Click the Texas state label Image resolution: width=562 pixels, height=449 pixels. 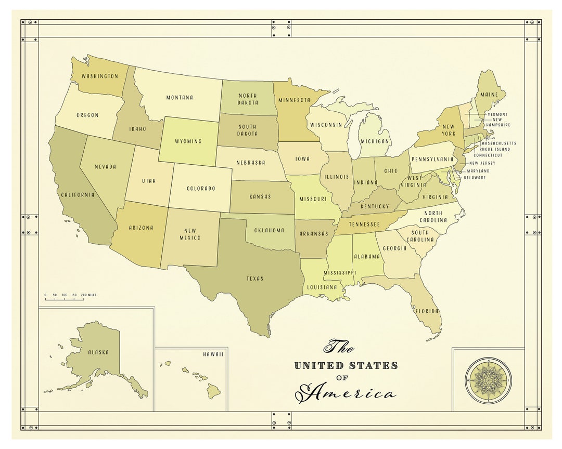tap(255, 279)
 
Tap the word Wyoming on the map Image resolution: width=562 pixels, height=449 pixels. tap(188, 141)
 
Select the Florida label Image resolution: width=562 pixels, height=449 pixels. tap(427, 311)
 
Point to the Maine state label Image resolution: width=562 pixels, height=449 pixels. tap(489, 95)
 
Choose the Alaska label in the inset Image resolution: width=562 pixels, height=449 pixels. tap(98, 352)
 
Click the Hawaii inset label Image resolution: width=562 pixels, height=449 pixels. tap(213, 354)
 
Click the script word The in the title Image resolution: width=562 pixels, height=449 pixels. tap(339, 346)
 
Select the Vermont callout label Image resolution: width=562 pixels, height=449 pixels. tap(497, 114)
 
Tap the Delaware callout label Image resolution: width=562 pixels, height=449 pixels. tap(476, 177)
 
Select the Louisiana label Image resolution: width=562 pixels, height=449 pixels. tap(322, 287)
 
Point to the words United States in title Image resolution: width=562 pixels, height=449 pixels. tap(346, 365)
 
